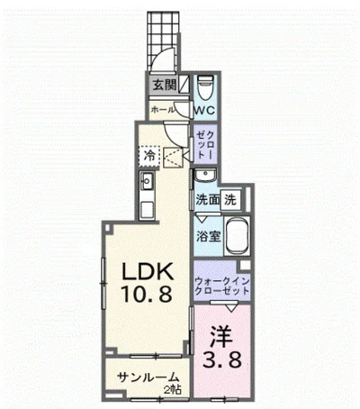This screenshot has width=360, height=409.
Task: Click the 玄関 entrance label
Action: (x=164, y=86)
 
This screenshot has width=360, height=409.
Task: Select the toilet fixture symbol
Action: (x=204, y=87)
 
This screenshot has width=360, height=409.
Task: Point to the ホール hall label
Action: (x=162, y=109)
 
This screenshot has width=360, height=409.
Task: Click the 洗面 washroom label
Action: (x=207, y=199)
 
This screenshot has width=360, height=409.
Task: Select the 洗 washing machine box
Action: (x=231, y=199)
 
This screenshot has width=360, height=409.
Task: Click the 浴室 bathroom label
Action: (x=205, y=237)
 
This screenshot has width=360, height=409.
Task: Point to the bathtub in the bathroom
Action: (x=236, y=237)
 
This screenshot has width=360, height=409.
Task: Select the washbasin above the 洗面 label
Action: (x=205, y=176)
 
